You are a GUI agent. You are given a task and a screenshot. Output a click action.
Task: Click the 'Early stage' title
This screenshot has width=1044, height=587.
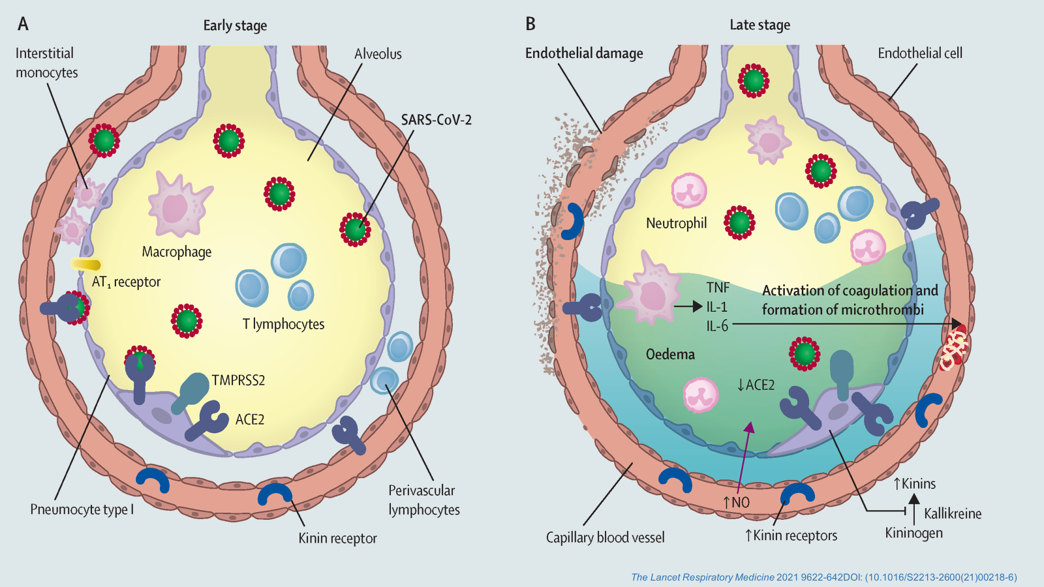235,25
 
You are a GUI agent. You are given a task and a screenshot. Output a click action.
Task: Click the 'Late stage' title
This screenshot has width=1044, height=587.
760,25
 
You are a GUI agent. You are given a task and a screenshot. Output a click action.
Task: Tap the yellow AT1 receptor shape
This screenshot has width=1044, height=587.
86,264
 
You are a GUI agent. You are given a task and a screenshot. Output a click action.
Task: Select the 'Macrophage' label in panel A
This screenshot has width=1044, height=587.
177,252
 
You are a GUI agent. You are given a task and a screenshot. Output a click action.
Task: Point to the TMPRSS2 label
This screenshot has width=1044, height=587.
238,380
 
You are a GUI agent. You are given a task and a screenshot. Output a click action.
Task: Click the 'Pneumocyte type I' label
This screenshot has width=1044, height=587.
82,509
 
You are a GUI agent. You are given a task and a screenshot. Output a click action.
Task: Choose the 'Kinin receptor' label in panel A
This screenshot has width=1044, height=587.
337,538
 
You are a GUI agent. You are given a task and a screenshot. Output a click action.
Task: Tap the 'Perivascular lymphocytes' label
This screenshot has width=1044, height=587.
423,500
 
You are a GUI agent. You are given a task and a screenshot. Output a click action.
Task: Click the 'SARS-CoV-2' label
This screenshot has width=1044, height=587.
436,120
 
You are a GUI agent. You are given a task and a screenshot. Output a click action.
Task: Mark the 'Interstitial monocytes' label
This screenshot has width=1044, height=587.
46,63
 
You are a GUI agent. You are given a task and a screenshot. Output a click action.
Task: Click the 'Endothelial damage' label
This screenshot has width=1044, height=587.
584,53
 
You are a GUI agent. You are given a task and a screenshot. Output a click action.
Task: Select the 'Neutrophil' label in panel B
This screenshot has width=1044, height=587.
676,224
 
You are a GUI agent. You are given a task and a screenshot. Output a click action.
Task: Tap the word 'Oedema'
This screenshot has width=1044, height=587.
670,354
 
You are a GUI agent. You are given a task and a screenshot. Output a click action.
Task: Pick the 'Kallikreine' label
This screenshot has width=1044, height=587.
953,514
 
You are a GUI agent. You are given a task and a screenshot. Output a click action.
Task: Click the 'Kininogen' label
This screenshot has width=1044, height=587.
913,534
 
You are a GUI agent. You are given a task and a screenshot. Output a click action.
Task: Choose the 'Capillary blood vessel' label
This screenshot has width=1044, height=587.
605,537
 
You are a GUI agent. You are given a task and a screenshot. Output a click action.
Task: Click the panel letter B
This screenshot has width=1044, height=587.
530,24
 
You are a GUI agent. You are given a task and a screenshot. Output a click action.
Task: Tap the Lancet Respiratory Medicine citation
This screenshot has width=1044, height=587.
823,577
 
